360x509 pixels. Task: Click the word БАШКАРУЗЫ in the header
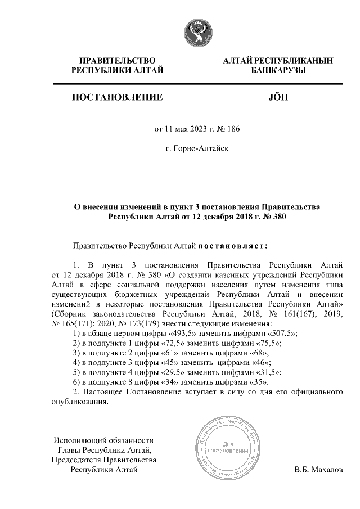tap(278, 69)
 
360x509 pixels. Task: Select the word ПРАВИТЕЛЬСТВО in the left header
tap(117, 59)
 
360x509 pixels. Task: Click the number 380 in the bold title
tap(280, 216)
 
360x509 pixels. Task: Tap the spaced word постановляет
tap(232, 245)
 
